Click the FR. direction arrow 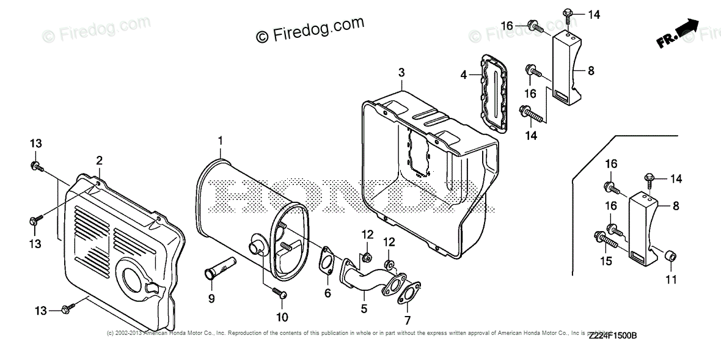[x=678, y=33]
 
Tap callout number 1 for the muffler [x=220, y=142]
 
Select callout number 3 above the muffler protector [x=401, y=73]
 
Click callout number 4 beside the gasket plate [x=464, y=75]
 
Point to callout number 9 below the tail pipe [x=211, y=298]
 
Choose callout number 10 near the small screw [x=282, y=317]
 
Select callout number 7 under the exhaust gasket [x=408, y=320]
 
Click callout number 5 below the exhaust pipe [x=364, y=309]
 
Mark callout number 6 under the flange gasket [x=328, y=293]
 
